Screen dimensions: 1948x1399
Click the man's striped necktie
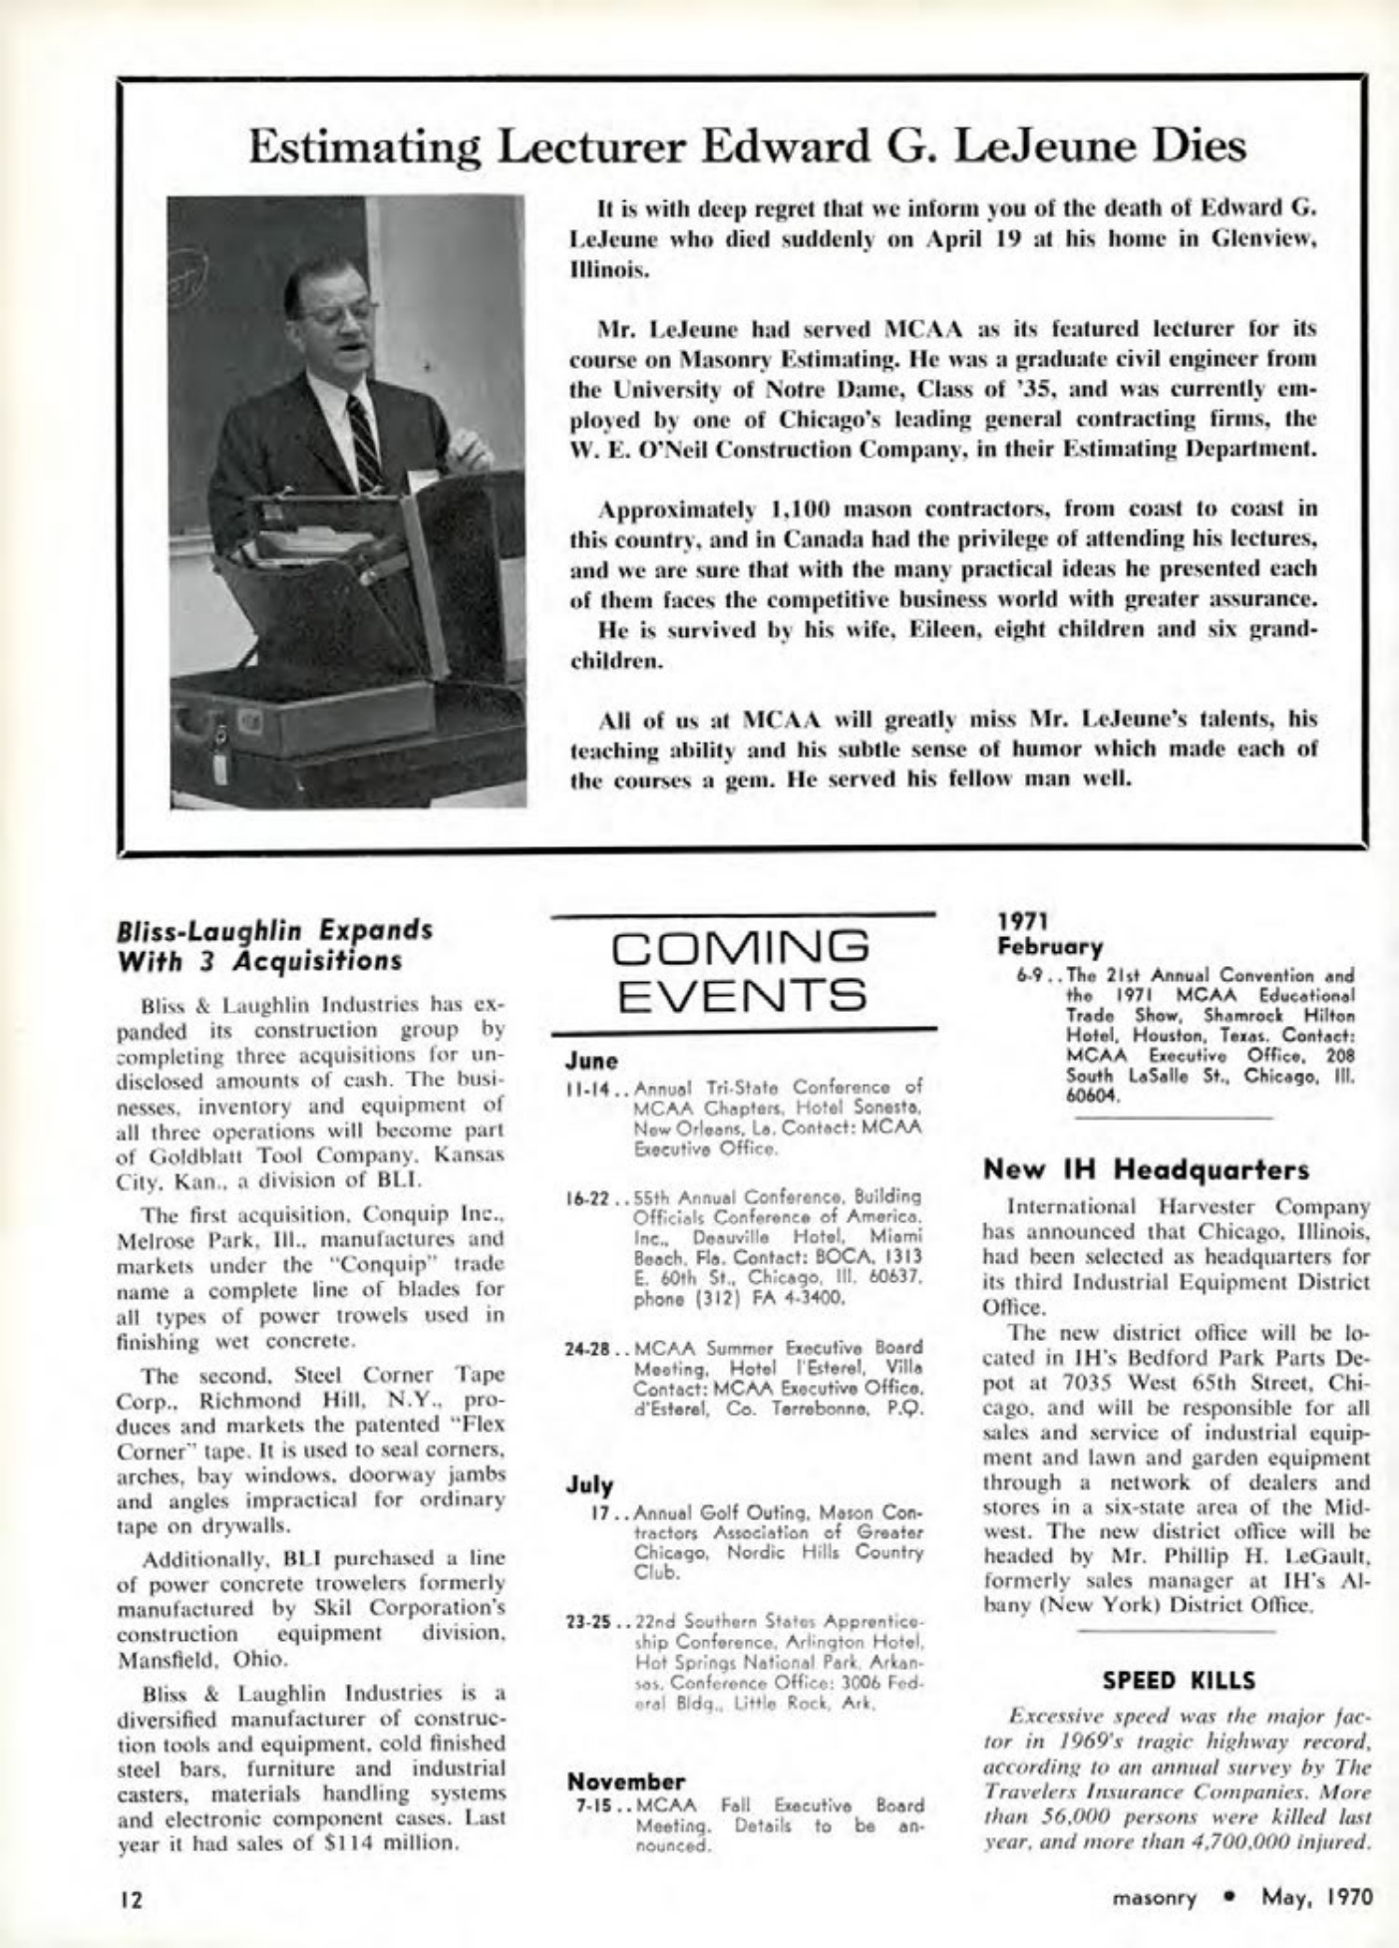364,442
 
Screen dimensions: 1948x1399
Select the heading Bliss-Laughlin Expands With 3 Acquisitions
275,944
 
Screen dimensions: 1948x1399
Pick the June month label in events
591,1061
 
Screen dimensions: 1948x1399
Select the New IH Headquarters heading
1146,1168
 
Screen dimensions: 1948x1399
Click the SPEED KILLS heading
1179,1681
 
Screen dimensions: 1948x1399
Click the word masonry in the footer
1154,1897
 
